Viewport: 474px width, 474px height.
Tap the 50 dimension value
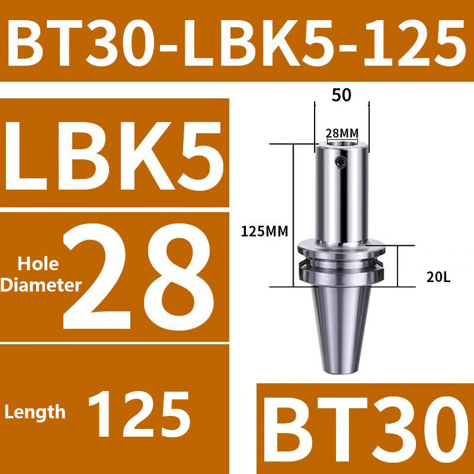(x=341, y=95)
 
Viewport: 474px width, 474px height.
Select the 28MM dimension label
(x=342, y=133)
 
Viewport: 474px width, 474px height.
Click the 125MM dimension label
(x=264, y=232)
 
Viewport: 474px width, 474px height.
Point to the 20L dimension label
(x=440, y=277)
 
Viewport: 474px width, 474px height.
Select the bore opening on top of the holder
(x=342, y=143)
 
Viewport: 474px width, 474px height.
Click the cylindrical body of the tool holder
(x=341, y=196)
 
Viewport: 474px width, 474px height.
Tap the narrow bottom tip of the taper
(x=341, y=369)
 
